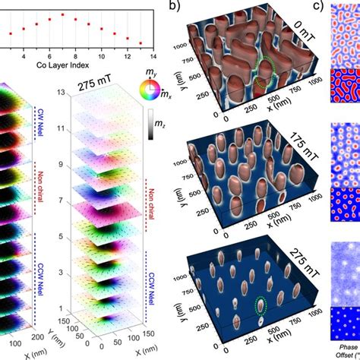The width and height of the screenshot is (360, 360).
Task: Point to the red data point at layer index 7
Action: [x=63, y=14]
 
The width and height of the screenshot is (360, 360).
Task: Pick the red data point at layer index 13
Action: [x=140, y=43]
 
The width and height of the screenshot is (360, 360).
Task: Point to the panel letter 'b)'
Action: [x=175, y=8]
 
